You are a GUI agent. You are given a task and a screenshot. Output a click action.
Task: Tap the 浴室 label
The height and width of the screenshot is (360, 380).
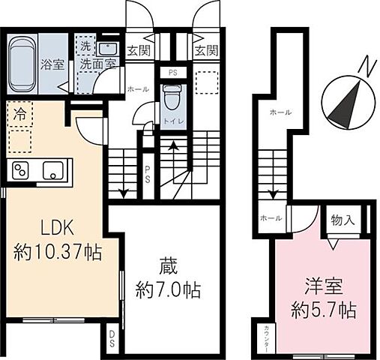click(x=52, y=63)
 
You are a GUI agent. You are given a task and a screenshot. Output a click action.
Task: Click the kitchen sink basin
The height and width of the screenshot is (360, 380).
click(x=52, y=169)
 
